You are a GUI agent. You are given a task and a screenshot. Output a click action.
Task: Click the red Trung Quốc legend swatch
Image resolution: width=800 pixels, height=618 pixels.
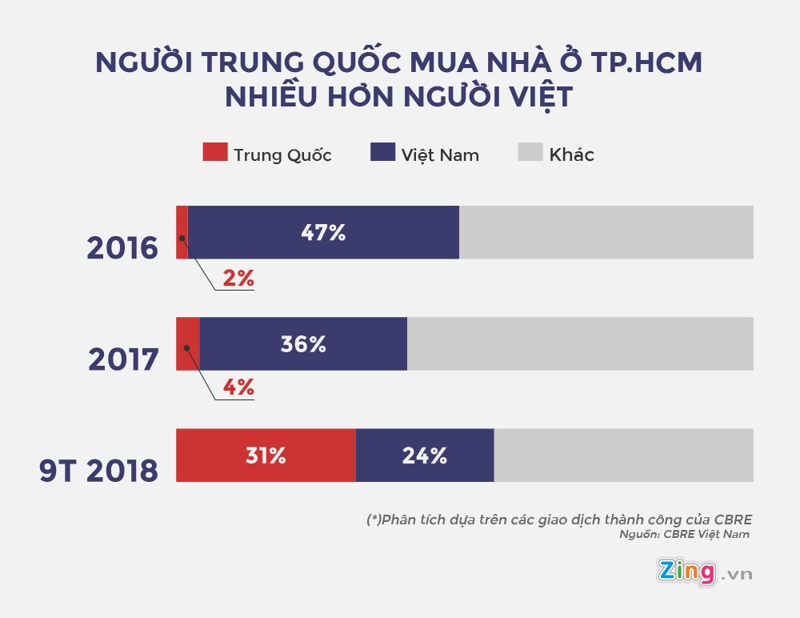pyautogui.click(x=214, y=153)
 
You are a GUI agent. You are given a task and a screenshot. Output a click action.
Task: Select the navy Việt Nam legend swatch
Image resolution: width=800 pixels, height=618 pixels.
pyautogui.click(x=382, y=153)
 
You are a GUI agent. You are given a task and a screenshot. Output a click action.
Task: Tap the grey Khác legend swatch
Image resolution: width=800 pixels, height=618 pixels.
pyautogui.click(x=530, y=153)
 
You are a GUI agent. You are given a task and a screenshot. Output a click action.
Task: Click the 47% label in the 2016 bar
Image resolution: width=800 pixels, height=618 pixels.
pyautogui.click(x=323, y=233)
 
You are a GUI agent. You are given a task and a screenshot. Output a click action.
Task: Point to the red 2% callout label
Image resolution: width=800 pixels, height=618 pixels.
pyautogui.click(x=238, y=279)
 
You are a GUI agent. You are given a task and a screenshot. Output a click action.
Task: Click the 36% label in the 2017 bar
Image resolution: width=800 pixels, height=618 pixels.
pyautogui.click(x=303, y=344)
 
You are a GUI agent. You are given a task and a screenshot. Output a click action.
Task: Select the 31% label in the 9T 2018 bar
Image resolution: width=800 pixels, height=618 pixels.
pyautogui.click(x=265, y=455)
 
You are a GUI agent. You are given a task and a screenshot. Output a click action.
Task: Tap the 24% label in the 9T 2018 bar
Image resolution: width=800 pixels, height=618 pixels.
pyautogui.click(x=425, y=455)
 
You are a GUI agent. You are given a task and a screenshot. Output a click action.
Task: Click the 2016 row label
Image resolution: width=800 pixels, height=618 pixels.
pyautogui.click(x=122, y=249)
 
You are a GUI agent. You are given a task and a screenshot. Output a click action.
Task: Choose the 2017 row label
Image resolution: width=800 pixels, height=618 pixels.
pyautogui.click(x=123, y=360)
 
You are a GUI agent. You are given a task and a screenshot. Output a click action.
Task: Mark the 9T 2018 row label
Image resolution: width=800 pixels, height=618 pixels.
pyautogui.click(x=98, y=472)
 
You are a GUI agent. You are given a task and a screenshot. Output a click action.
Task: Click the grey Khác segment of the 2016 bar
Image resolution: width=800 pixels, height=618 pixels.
pyautogui.click(x=606, y=232)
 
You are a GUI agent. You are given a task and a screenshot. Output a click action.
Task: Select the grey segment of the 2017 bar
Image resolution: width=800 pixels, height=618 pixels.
pyautogui.click(x=580, y=343)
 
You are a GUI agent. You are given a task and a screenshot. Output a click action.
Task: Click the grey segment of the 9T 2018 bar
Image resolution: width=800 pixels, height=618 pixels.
pyautogui.click(x=623, y=455)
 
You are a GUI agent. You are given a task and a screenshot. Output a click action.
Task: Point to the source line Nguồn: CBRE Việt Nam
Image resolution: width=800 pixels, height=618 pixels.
pyautogui.click(x=684, y=535)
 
